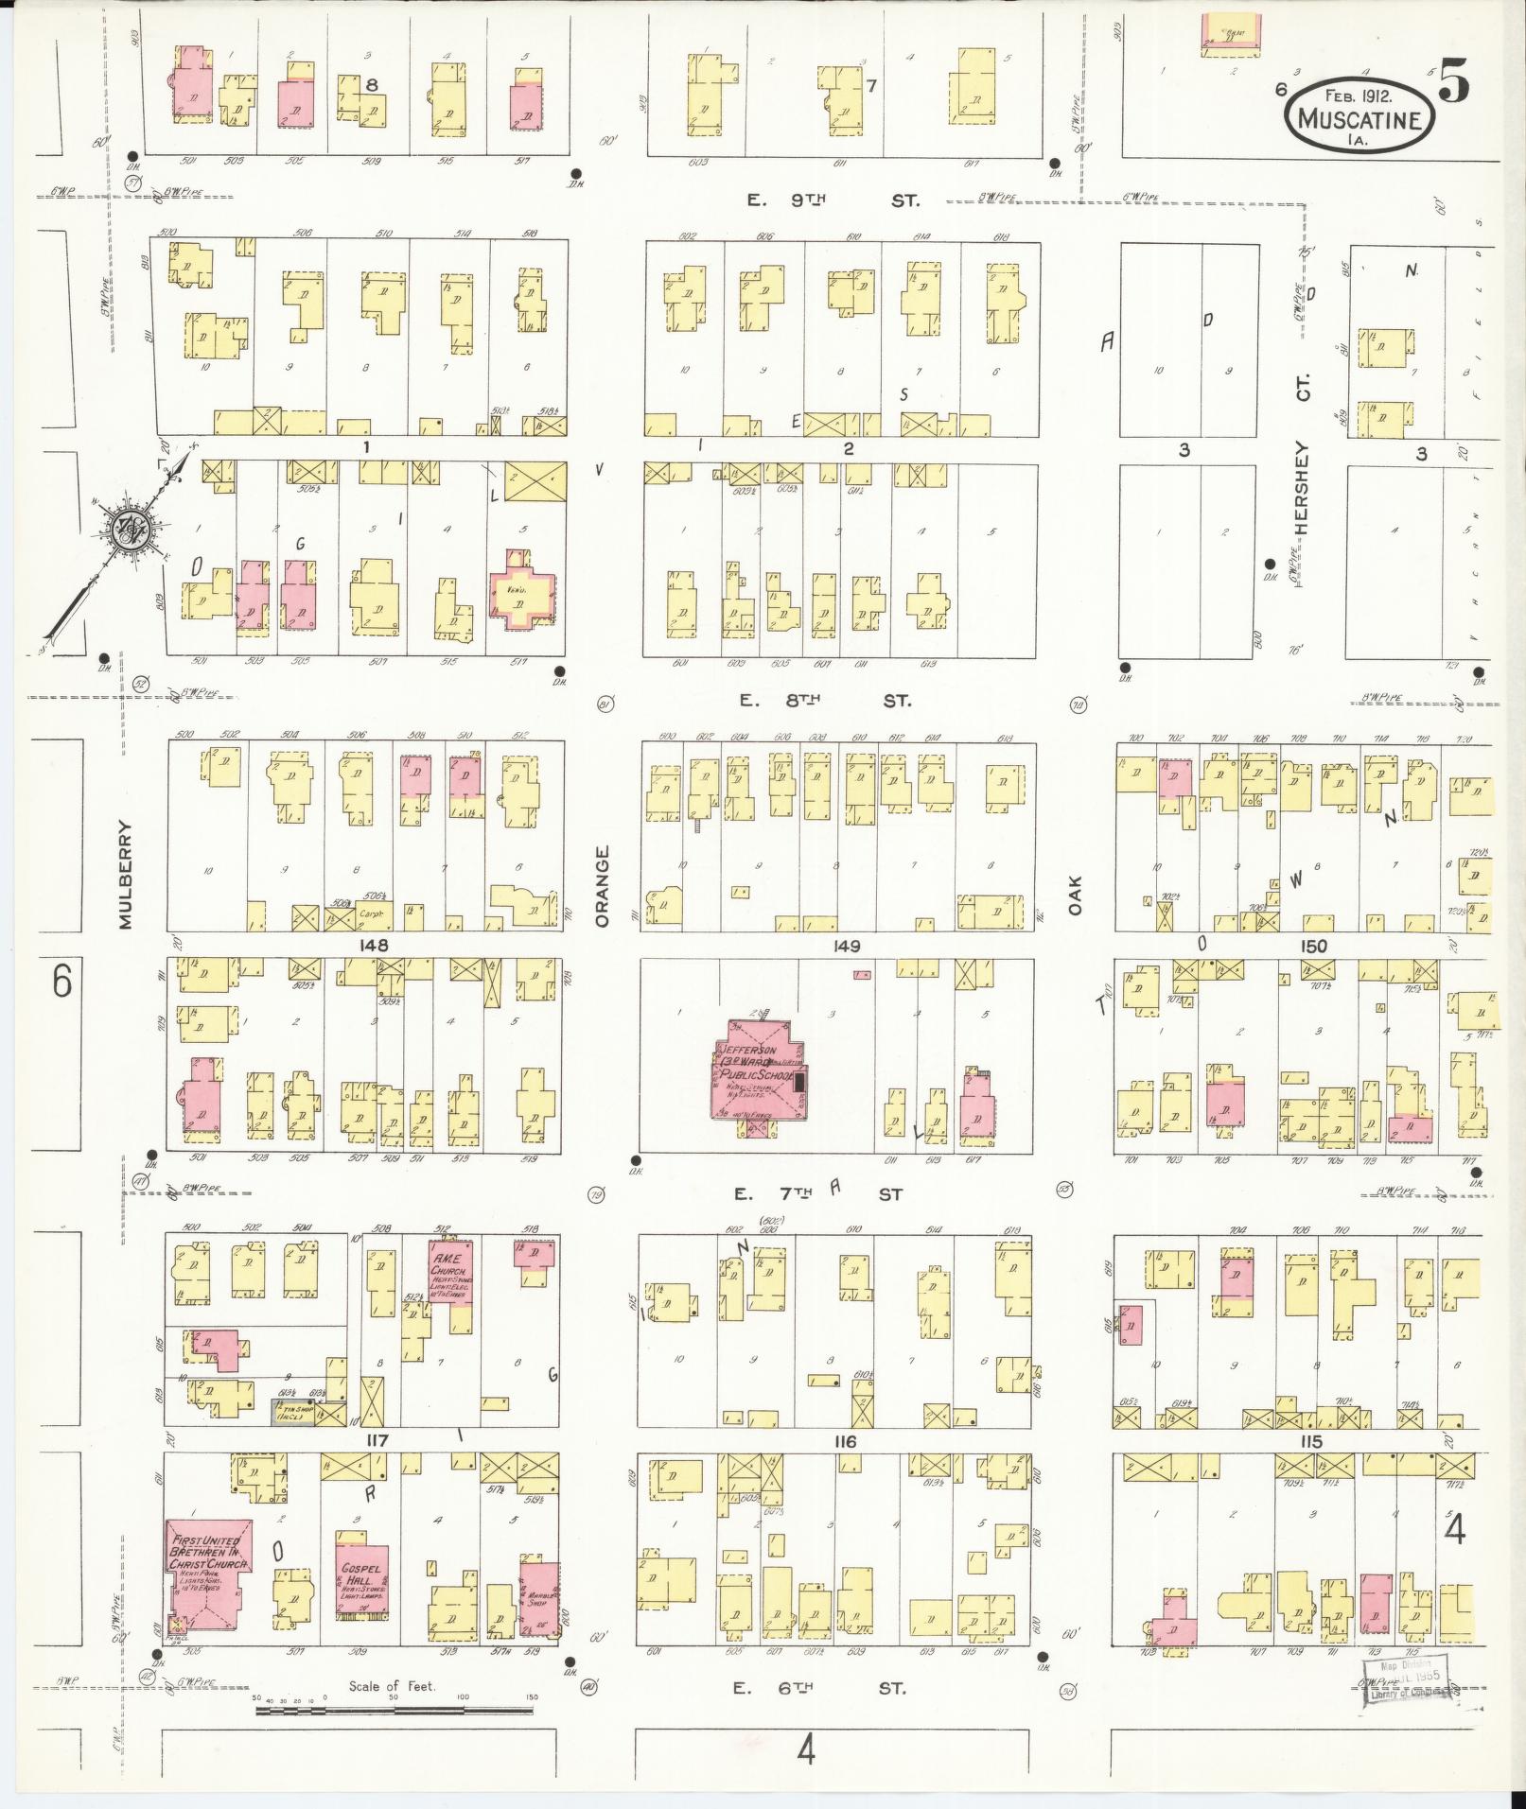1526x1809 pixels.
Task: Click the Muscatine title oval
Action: point(1359,112)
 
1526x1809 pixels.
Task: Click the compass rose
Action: point(122,532)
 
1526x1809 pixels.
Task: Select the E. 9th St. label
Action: point(831,200)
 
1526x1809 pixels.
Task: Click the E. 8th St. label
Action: point(826,701)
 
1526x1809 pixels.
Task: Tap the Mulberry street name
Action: point(131,874)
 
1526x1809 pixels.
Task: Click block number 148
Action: point(373,945)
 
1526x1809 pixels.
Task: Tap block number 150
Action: point(1313,946)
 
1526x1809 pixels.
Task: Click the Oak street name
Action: point(1075,894)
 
